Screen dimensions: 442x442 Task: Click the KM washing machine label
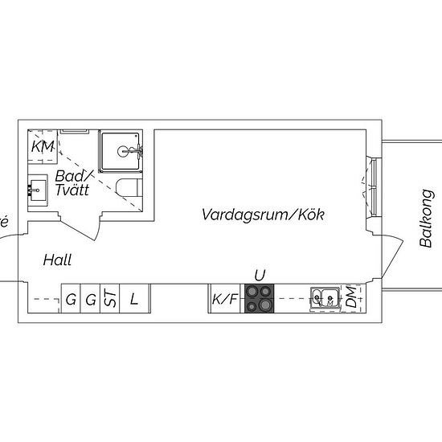[43, 146]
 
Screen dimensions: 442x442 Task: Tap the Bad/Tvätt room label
[74, 182]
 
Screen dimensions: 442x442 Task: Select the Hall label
[57, 260]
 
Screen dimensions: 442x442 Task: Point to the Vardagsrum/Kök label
[263, 215]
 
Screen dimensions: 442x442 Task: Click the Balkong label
[426, 218]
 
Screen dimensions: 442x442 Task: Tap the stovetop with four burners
[259, 298]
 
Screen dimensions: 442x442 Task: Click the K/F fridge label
[225, 299]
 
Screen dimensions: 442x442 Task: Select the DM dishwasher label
[351, 297]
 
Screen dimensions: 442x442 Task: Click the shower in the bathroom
[121, 151]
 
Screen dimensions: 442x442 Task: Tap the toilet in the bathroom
[129, 187]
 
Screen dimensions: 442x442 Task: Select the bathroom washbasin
[37, 190]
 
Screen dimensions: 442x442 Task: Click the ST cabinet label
[110, 297]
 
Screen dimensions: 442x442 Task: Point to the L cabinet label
[134, 299]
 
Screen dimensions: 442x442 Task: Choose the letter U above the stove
[260, 276]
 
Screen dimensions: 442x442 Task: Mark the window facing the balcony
[374, 187]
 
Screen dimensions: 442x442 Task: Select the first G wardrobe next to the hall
[71, 299]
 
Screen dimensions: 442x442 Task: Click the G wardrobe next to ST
[91, 299]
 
